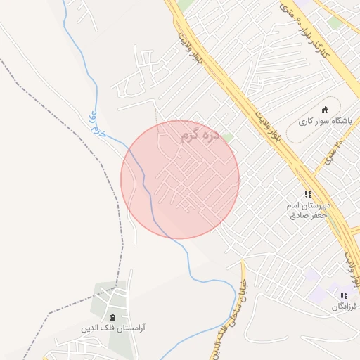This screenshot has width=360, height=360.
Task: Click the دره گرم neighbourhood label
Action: pos(202,134)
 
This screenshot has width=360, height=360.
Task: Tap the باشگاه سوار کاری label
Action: pos(324,121)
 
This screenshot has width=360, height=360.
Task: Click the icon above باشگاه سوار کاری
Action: pos(325,109)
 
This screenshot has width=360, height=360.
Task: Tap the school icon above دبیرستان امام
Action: pos(308,193)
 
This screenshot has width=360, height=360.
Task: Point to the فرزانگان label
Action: pos(345,307)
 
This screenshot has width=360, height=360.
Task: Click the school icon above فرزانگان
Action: pos(344,296)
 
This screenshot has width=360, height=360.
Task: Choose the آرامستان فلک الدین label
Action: pos(115,328)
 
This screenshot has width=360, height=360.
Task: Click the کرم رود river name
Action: pos(97,124)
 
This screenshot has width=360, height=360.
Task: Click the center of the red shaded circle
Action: pos(180,179)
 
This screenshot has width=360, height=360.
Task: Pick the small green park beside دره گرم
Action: pos(228,138)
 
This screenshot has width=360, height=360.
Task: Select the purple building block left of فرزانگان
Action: pos(311,275)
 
